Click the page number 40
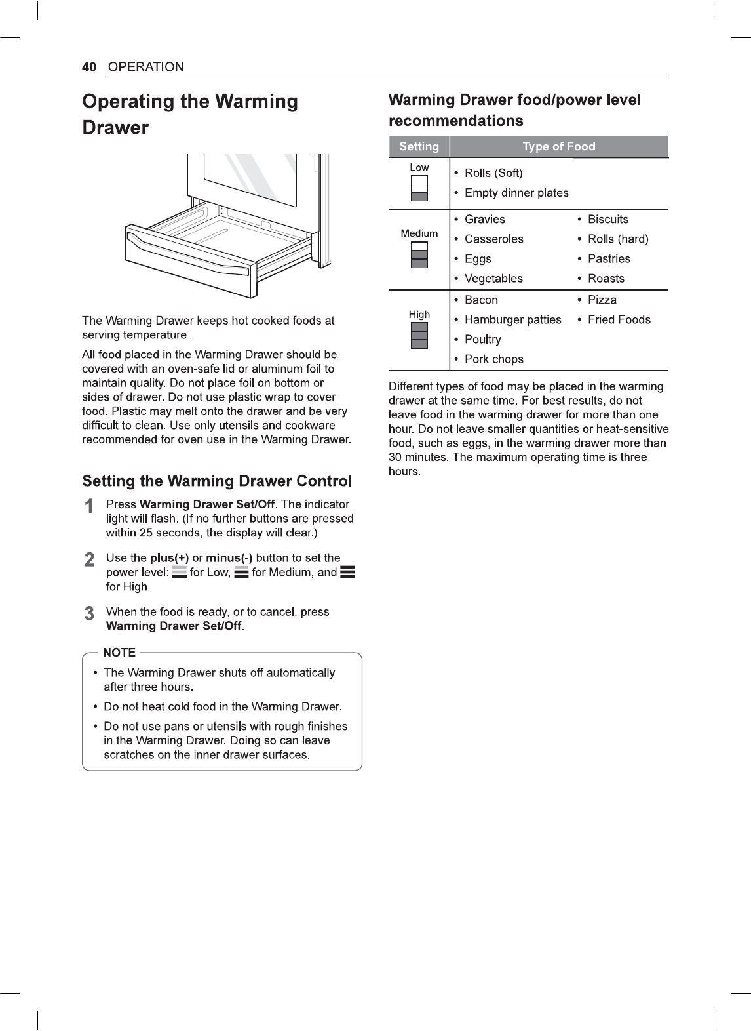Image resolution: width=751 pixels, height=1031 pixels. (88, 67)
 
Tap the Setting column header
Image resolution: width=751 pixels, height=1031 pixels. (419, 146)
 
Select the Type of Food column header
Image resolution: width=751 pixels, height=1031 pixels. (559, 146)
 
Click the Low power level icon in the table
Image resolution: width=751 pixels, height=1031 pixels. (419, 188)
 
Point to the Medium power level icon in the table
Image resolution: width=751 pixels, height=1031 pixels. (419, 254)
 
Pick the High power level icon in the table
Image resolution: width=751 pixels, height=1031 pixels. (419, 336)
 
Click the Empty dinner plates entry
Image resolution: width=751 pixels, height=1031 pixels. (516, 193)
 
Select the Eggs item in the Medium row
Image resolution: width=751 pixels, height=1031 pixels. (478, 259)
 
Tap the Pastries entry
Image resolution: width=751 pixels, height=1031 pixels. (609, 258)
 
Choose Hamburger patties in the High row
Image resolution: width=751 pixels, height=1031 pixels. (512, 320)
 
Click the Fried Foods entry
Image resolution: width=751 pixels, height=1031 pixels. (619, 319)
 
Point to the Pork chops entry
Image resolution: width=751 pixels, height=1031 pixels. (494, 359)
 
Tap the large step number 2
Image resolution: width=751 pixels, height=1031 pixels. (89, 559)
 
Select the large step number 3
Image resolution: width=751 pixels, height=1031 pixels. (89, 613)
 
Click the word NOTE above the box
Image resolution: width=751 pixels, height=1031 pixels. (119, 652)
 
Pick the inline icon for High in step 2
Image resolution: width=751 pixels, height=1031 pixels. (348, 572)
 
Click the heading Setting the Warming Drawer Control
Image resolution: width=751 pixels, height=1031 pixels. (217, 481)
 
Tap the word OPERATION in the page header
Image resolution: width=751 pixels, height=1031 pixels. (145, 67)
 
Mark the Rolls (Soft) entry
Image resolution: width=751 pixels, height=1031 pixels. (493, 173)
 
